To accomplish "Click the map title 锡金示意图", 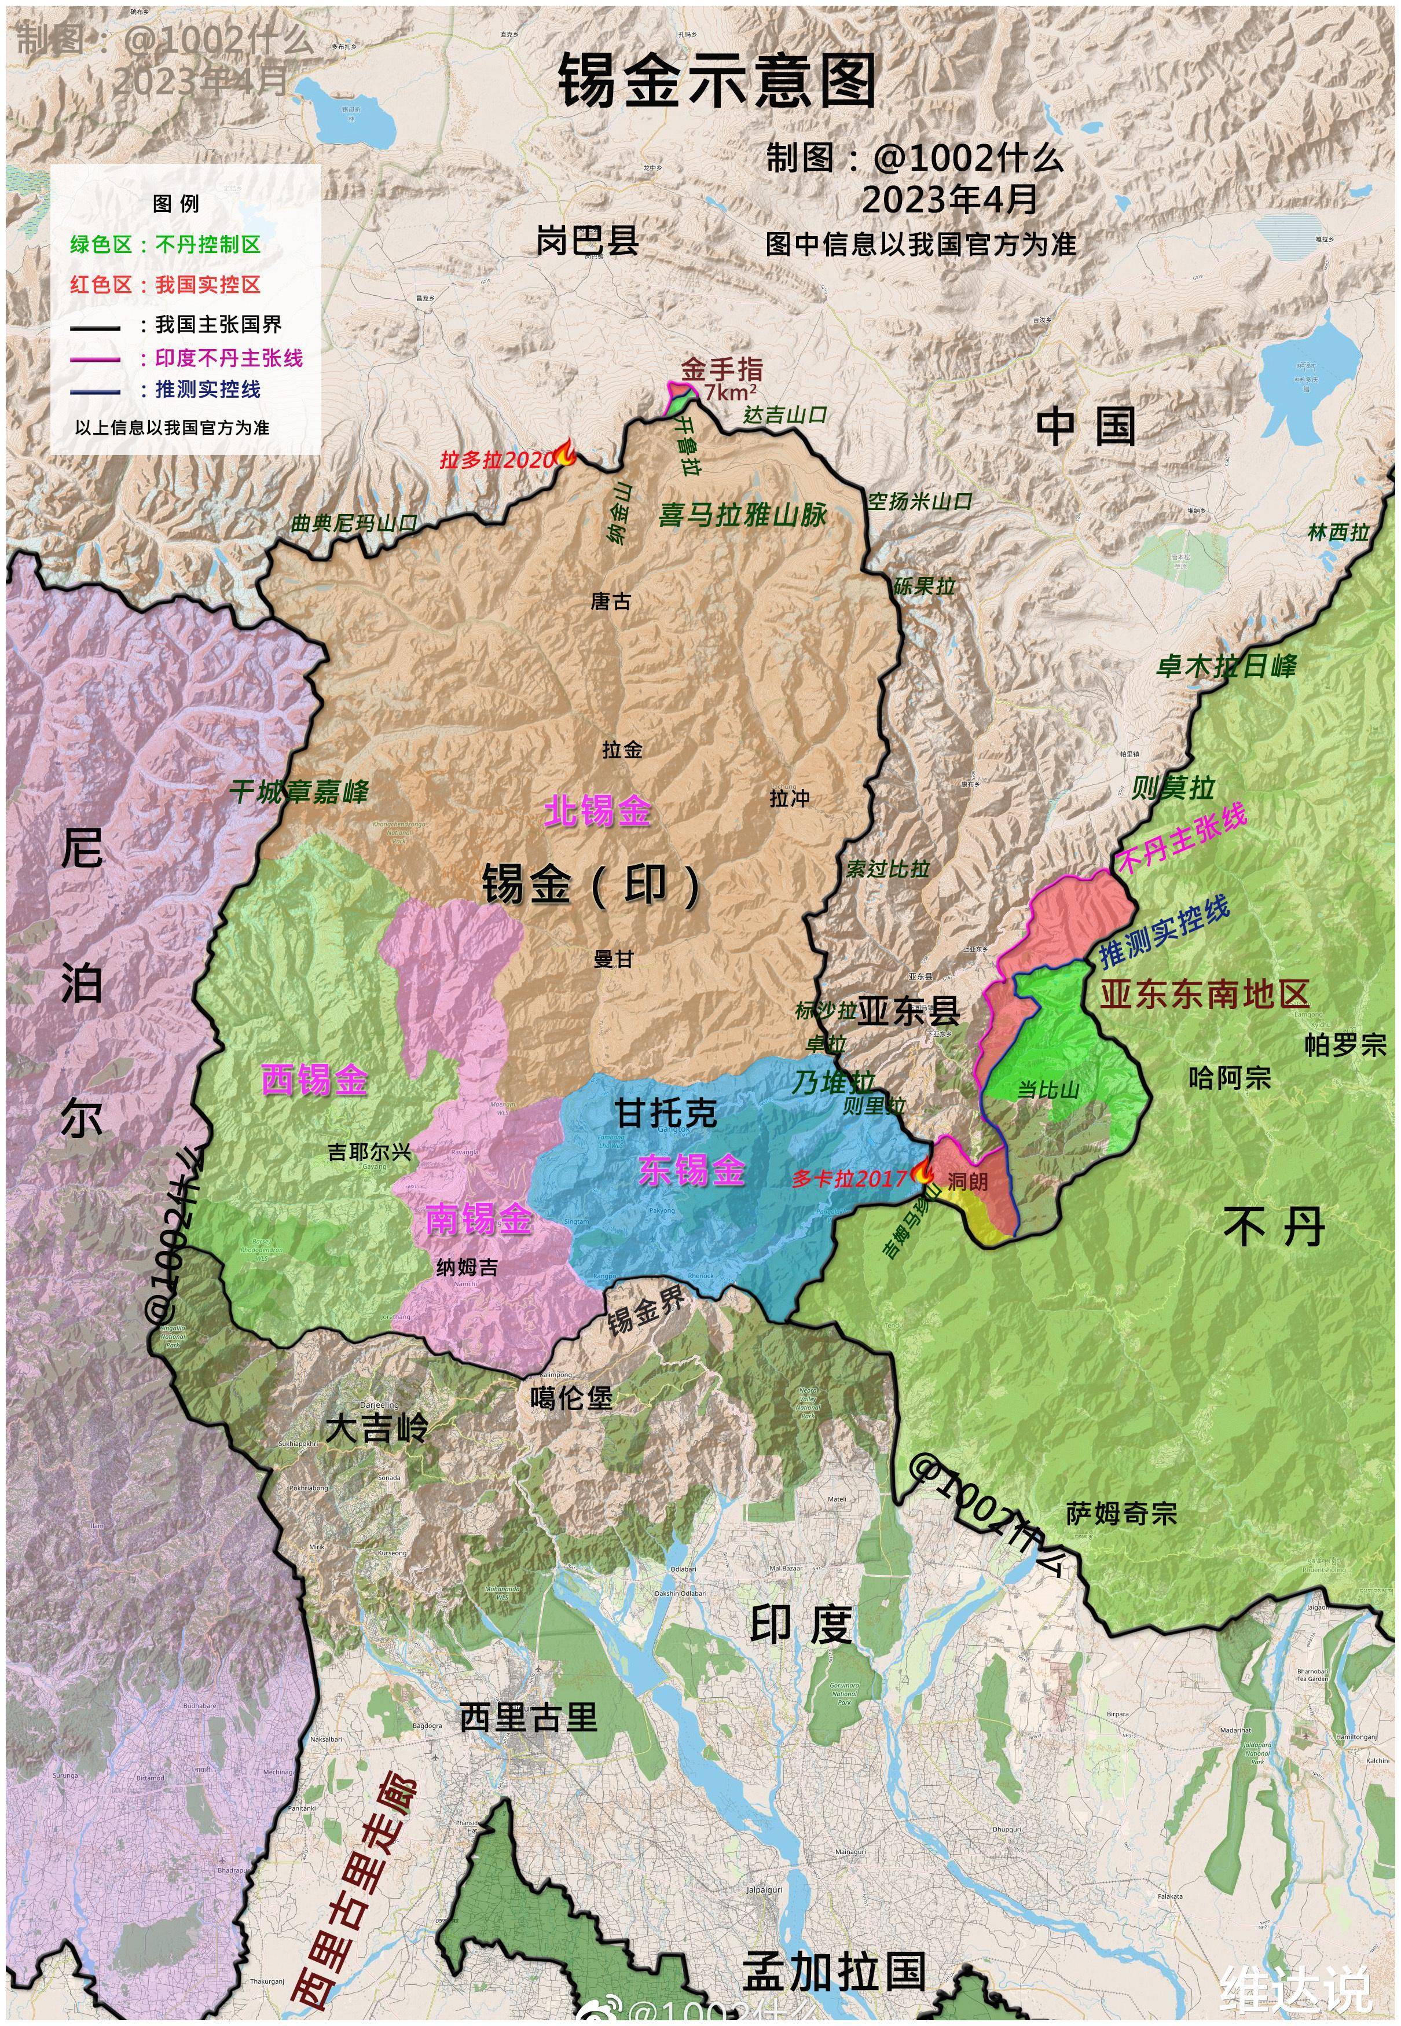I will [x=717, y=81].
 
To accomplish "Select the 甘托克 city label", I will [x=665, y=1113].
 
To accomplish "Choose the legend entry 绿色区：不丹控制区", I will [x=166, y=245].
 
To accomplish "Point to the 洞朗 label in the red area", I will [x=967, y=1181].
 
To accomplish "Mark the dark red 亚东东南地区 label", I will [x=1204, y=994].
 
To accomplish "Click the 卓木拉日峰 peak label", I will [x=1226, y=666].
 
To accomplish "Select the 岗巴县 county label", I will [x=587, y=240].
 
